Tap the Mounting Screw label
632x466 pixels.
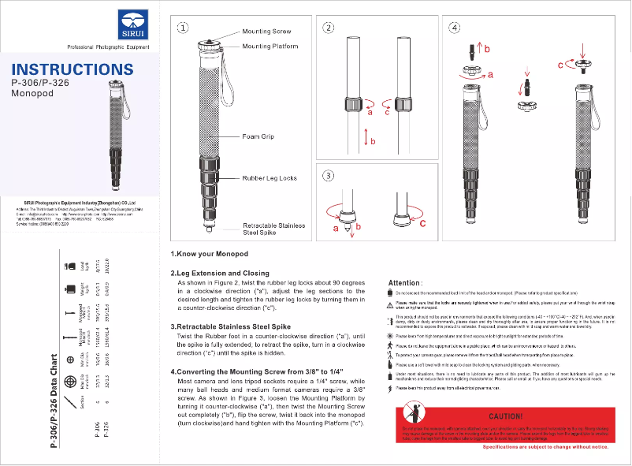click(x=266, y=32)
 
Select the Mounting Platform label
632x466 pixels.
click(x=270, y=47)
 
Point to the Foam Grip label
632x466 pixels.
click(x=258, y=136)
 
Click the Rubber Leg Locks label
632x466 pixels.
click(x=270, y=178)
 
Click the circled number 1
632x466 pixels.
click(x=182, y=27)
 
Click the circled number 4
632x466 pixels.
click(x=454, y=27)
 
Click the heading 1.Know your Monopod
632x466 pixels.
click(x=210, y=254)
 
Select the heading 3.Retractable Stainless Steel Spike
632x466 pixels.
click(x=231, y=326)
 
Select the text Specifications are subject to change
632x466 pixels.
click(x=545, y=447)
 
